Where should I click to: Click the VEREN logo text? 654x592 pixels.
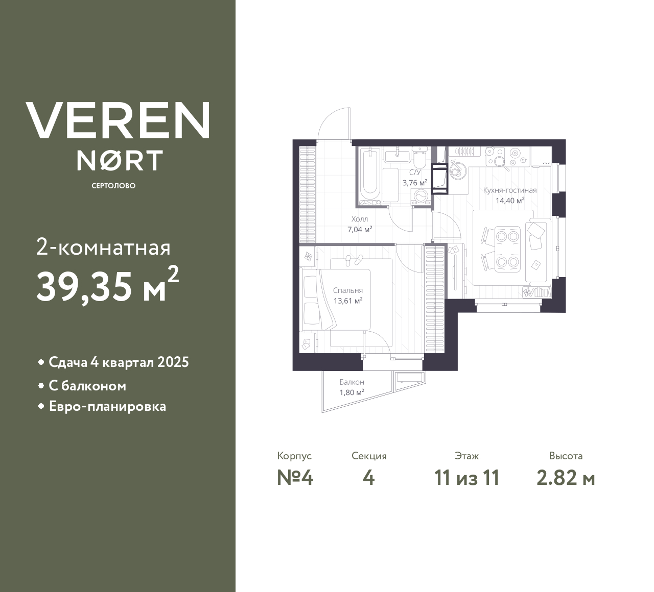pyautogui.click(x=118, y=120)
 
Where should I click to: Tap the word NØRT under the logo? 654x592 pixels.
pyautogui.click(x=120, y=160)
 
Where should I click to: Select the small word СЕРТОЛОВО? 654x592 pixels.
pyautogui.click(x=113, y=186)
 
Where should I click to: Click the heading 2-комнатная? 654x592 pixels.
pyautogui.click(x=103, y=248)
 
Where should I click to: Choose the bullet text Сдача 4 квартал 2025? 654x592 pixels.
pyautogui.click(x=119, y=362)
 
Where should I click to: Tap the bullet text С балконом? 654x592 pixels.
pyautogui.click(x=87, y=386)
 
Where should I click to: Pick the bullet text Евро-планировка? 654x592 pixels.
pyautogui.click(x=107, y=407)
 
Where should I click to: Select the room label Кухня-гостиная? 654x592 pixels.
pyautogui.click(x=510, y=190)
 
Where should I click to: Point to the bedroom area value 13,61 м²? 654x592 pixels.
pyautogui.click(x=348, y=301)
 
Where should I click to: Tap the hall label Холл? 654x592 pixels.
pyautogui.click(x=360, y=219)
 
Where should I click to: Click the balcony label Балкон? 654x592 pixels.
pyautogui.click(x=352, y=382)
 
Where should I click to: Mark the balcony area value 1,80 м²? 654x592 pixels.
pyautogui.click(x=352, y=392)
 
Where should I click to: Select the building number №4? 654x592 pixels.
pyautogui.click(x=295, y=478)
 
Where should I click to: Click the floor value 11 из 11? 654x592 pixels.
pyautogui.click(x=466, y=478)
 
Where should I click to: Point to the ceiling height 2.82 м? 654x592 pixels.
pyautogui.click(x=566, y=478)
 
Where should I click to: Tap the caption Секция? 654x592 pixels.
pyautogui.click(x=369, y=456)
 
